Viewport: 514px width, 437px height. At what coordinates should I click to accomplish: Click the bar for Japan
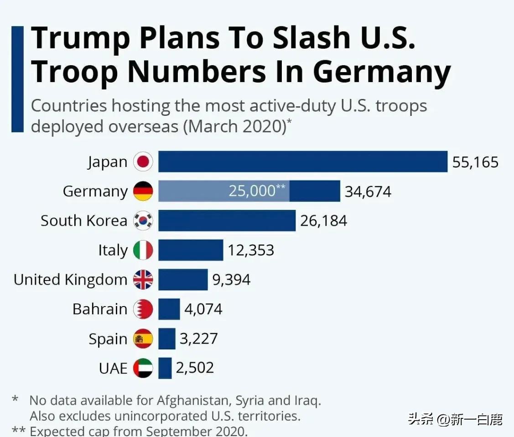tap(302, 161)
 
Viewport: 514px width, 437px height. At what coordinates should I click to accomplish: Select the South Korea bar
tap(227, 221)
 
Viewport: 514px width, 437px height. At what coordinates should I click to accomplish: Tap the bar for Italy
tap(191, 250)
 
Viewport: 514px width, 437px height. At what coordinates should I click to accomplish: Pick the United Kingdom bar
tap(183, 280)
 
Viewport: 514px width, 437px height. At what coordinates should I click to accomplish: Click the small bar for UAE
tap(165, 368)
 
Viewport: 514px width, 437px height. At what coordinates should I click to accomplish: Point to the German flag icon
tap(143, 191)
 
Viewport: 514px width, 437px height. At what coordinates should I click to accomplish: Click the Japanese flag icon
tap(143, 162)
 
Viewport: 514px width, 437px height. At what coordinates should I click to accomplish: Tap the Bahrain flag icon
tap(143, 309)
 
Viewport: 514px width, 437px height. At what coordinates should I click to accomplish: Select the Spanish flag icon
tap(143, 339)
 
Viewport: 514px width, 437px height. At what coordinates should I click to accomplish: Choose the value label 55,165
tap(475, 162)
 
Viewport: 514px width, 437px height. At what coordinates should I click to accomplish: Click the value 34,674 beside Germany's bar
tap(368, 191)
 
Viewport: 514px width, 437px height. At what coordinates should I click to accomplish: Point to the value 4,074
tap(203, 309)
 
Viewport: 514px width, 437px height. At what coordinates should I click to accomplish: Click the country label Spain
tap(108, 339)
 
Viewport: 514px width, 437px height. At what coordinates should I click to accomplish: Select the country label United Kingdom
tap(70, 280)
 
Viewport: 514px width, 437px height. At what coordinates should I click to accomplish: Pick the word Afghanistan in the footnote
tap(195, 401)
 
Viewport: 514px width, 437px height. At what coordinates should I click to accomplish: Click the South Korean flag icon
tap(143, 221)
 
